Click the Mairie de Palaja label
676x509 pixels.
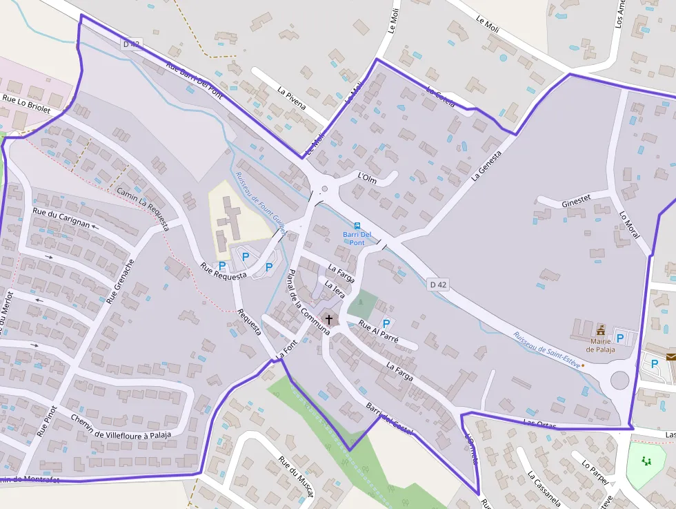pyautogui.click(x=599, y=345)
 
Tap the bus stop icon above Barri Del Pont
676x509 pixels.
pyautogui.click(x=357, y=226)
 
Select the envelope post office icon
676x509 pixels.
pyautogui.click(x=671, y=356)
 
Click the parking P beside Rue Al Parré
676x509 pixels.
pyautogui.click(x=386, y=323)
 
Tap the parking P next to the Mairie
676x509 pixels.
pyautogui.click(x=619, y=338)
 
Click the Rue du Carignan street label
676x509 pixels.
pyautogui.click(x=62, y=218)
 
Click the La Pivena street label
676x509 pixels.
pyautogui.click(x=292, y=99)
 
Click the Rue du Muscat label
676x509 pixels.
pyautogui.click(x=296, y=477)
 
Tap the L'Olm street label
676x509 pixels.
pyautogui.click(x=367, y=177)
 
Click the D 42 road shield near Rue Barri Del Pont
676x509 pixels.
pyautogui.click(x=131, y=44)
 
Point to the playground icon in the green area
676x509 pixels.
pyautogui.click(x=646, y=461)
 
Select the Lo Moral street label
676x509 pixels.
pyautogui.click(x=630, y=224)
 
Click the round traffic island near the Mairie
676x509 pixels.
pyautogui.click(x=619, y=381)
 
